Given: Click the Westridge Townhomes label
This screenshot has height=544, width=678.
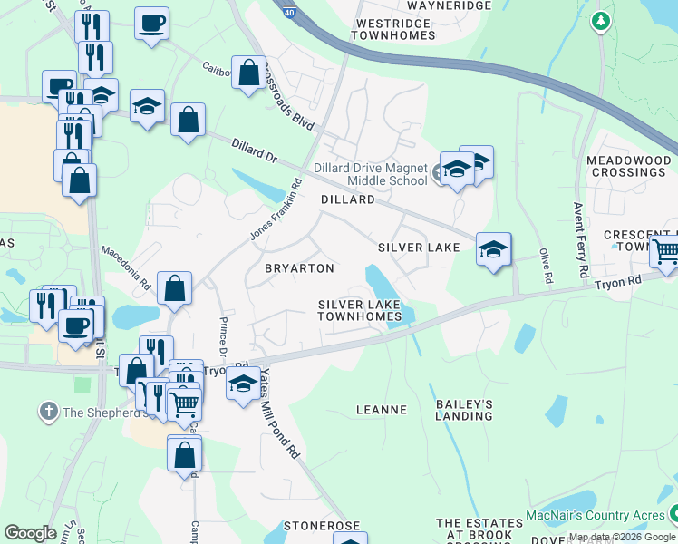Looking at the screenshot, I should (395, 29).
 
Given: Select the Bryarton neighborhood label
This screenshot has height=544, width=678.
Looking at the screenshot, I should (299, 268).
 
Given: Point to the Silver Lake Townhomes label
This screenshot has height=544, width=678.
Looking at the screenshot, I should (359, 310).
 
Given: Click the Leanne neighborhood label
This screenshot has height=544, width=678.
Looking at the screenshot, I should (382, 410).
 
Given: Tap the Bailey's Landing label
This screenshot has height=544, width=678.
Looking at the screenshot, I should (464, 410).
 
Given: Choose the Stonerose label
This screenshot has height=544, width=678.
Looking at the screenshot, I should (322, 525).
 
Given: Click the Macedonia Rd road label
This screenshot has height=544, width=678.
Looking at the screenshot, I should (126, 269).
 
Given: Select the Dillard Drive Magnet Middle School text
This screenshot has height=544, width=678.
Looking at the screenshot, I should (371, 173).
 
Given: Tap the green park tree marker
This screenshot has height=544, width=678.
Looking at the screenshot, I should (600, 20).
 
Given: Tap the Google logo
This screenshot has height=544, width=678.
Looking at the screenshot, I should (30, 533).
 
